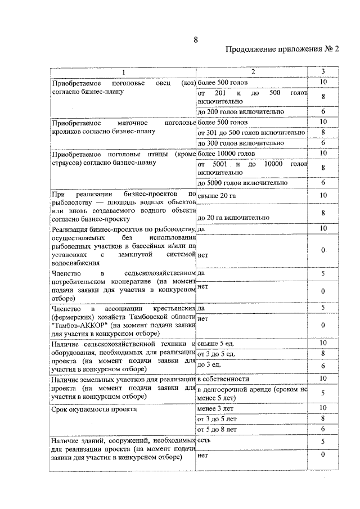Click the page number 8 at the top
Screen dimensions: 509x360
point(195,39)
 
